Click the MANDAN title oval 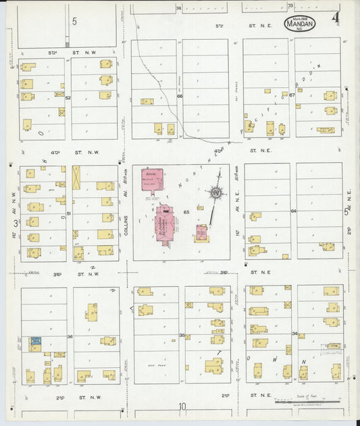pyautogui.click(x=299, y=23)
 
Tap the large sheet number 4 pyautogui.click(x=335, y=18)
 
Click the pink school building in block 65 pyautogui.click(x=149, y=181)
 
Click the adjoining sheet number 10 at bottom pyautogui.click(x=182, y=406)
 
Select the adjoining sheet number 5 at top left pyautogui.click(x=74, y=22)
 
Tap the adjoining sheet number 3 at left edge pyautogui.click(x=15, y=223)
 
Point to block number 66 pyautogui.click(x=180, y=97)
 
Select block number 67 pyautogui.click(x=292, y=95)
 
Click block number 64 pyautogui.click(x=293, y=211)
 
